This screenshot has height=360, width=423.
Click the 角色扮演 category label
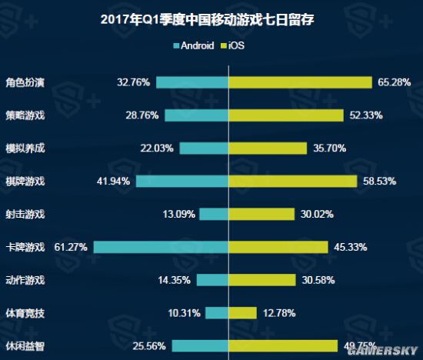(25, 82)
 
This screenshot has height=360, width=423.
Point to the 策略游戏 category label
(25, 115)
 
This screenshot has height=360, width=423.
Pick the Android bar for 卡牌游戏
(161, 247)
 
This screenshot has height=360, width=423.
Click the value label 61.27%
(71, 247)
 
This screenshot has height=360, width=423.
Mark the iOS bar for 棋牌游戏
(292, 181)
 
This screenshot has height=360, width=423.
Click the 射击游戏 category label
(25, 214)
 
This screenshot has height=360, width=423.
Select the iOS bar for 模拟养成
(267, 148)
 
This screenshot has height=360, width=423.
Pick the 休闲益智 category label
(25, 345)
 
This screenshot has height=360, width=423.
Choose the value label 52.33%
(366, 115)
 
